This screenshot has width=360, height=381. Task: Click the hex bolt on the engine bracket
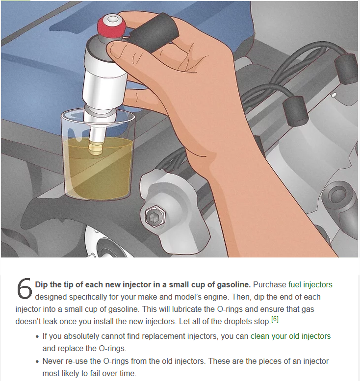tap(155, 216)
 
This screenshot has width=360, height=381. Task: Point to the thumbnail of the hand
tap(117, 51)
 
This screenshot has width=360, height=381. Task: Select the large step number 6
tap(25, 289)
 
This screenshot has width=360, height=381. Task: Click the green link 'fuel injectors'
tap(310, 284)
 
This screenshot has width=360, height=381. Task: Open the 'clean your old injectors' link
tap(290, 336)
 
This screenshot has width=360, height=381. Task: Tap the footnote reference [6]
tap(275, 319)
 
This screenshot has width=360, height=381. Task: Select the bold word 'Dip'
tap(41, 285)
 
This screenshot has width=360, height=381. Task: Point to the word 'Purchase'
tap(270, 284)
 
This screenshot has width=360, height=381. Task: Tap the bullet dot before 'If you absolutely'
tap(37, 337)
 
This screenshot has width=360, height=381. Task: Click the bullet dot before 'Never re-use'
tap(37, 362)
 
